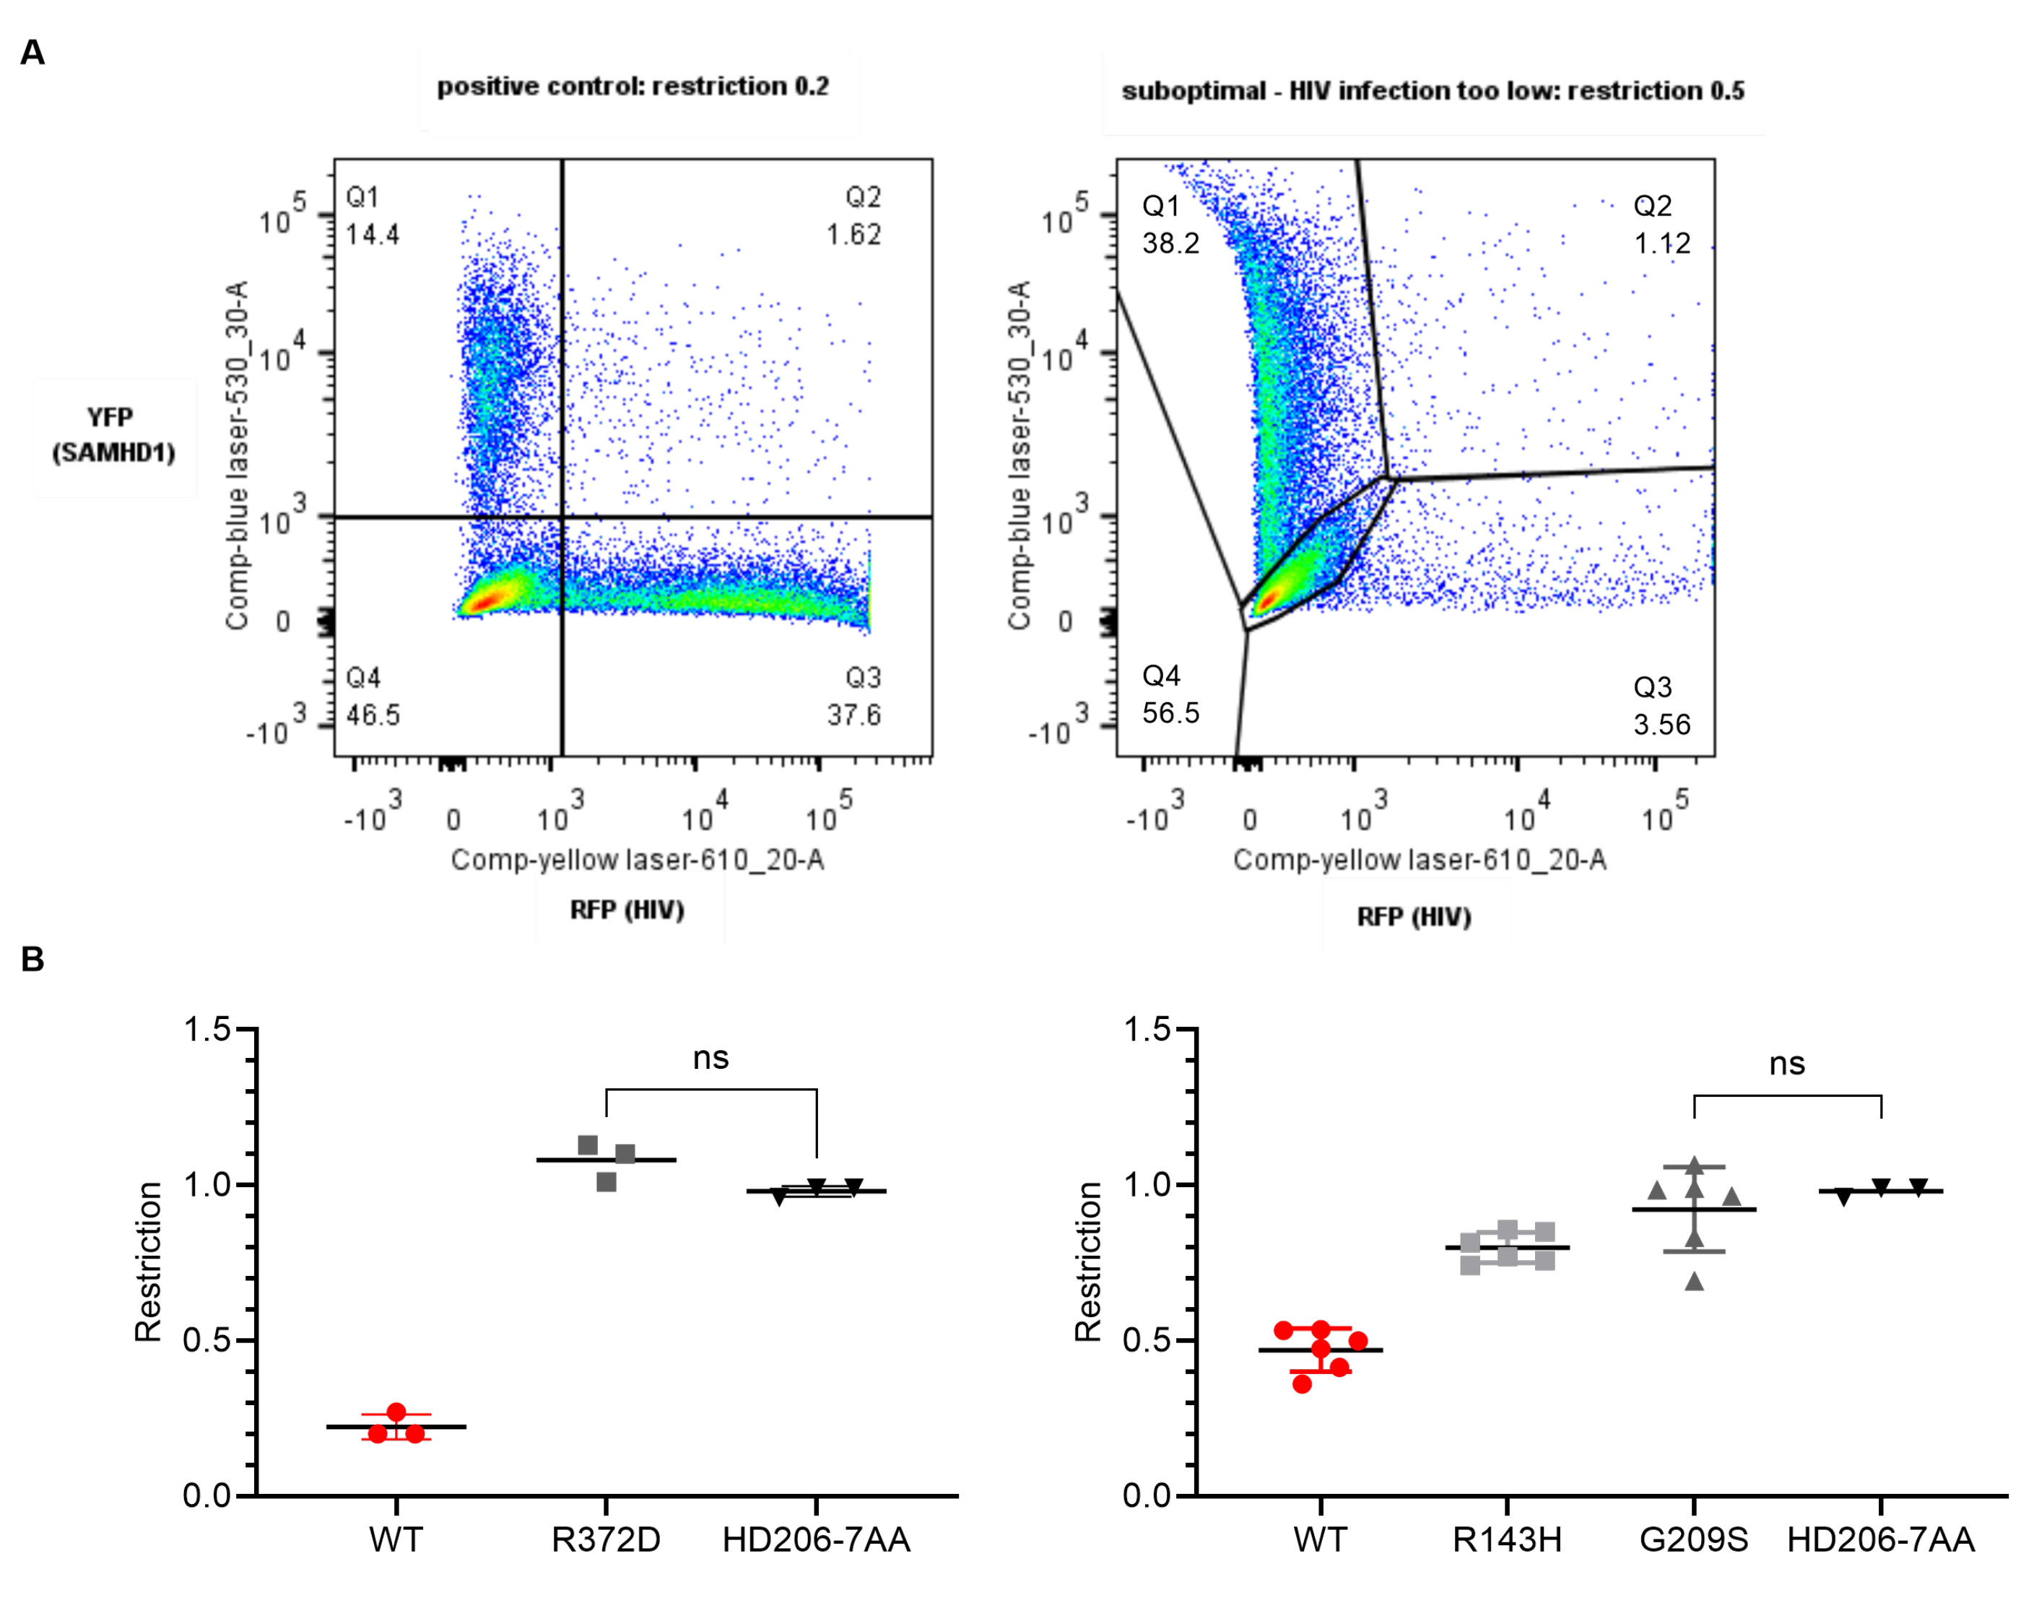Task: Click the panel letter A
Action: (x=32, y=53)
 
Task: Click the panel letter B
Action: (x=32, y=959)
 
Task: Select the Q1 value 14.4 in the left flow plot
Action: (x=372, y=235)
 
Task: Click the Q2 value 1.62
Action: (x=853, y=235)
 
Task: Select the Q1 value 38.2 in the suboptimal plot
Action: (x=1170, y=243)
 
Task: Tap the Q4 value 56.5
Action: (x=1170, y=713)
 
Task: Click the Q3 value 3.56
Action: (x=1661, y=724)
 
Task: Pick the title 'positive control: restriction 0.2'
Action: (x=633, y=86)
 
